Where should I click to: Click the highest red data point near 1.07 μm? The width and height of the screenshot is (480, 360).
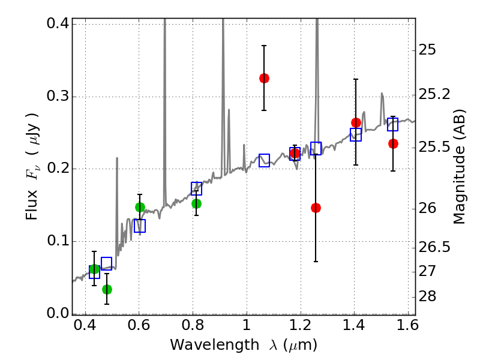click(264, 78)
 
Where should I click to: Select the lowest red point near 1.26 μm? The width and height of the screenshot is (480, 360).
click(316, 208)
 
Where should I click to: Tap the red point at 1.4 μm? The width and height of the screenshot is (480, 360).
click(356, 122)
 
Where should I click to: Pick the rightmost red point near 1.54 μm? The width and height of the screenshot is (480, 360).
click(393, 143)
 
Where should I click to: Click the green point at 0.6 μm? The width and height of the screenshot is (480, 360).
click(140, 207)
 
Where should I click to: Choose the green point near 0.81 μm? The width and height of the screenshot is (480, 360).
click(196, 203)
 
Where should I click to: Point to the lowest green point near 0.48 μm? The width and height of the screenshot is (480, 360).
click(107, 289)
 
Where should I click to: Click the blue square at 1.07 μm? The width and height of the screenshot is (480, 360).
click(264, 160)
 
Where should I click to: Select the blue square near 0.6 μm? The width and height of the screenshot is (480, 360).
click(140, 226)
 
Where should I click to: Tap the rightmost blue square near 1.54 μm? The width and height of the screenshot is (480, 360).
click(393, 124)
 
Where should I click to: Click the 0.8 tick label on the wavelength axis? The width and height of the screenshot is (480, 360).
click(192, 328)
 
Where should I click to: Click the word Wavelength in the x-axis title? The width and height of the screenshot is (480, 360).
click(204, 345)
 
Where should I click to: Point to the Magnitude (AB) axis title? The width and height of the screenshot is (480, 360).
click(460, 166)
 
